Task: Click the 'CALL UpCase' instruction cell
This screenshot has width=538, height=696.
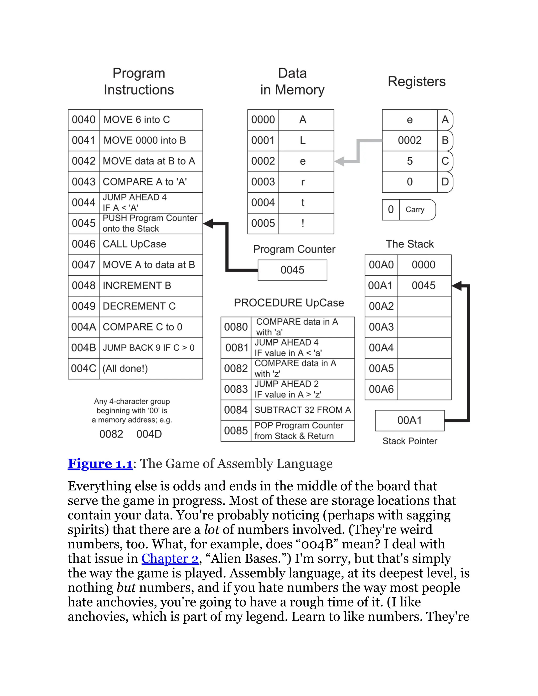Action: pyautogui.click(x=151, y=244)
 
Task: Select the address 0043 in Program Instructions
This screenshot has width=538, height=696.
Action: pyautogui.click(x=84, y=182)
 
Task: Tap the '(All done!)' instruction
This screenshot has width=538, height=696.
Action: pyautogui.click(x=151, y=368)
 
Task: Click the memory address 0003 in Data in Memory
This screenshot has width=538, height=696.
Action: pyautogui.click(x=263, y=182)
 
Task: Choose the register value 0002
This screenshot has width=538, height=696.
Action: pyautogui.click(x=410, y=141)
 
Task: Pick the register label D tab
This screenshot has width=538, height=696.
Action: pyautogui.click(x=445, y=182)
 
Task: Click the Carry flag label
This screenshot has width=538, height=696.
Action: pyautogui.click(x=415, y=210)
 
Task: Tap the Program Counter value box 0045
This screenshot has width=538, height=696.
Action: pyautogui.click(x=292, y=270)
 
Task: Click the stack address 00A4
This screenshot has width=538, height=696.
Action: pyautogui.click(x=381, y=348)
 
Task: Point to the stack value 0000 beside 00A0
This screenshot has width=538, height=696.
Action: pyautogui.click(x=423, y=265)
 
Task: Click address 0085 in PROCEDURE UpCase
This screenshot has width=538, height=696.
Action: pyautogui.click(x=236, y=431)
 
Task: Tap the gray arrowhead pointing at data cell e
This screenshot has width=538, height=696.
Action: pyautogui.click(x=340, y=161)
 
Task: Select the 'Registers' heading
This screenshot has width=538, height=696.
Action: pyautogui.click(x=417, y=82)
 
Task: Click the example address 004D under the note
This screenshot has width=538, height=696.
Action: pyautogui.click(x=149, y=434)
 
